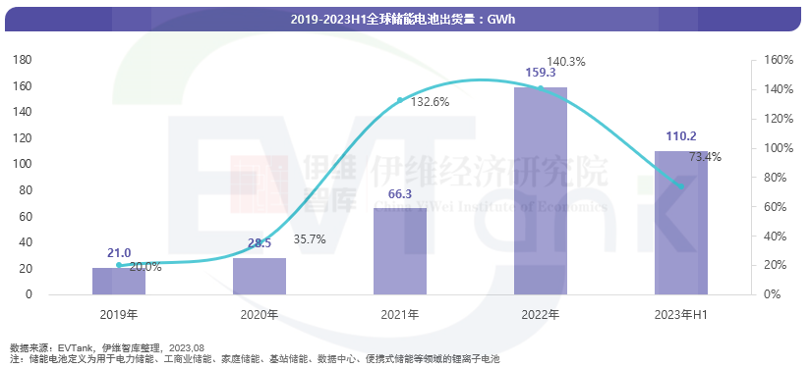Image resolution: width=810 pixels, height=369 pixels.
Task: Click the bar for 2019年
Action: coord(119,281)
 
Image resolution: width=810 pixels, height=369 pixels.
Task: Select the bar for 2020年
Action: coord(260,276)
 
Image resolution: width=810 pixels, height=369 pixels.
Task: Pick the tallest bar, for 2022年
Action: coord(541,190)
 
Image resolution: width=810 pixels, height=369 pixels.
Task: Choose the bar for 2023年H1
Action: coord(681,223)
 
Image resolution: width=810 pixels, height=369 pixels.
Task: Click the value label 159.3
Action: coord(541,73)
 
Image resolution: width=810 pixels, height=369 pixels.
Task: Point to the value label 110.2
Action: coord(681,136)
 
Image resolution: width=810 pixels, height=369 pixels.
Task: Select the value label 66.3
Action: coord(400,193)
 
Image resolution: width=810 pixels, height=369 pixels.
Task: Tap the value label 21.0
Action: coord(119,253)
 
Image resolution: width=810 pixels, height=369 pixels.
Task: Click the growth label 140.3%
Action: coord(565,61)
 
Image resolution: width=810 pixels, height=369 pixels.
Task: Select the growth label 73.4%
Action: coord(705,156)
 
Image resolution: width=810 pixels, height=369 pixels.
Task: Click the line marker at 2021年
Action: coord(400,100)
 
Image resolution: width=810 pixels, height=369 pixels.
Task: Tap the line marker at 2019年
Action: coord(119,265)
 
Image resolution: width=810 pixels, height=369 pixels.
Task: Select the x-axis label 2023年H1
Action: coord(681,315)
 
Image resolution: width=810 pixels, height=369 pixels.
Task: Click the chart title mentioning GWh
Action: coord(404,19)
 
